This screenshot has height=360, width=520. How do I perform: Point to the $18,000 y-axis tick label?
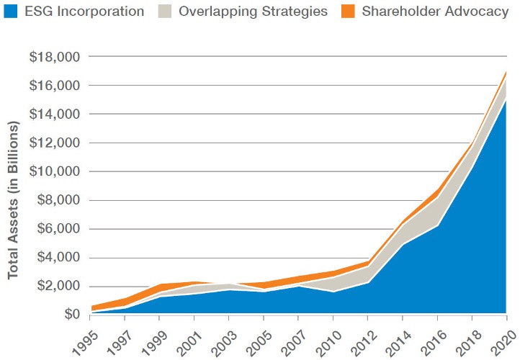click(55, 57)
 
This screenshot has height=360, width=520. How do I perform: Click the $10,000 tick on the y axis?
click(55, 172)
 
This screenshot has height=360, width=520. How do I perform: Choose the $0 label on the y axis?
click(71, 315)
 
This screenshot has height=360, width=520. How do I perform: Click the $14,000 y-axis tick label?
click(55, 114)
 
